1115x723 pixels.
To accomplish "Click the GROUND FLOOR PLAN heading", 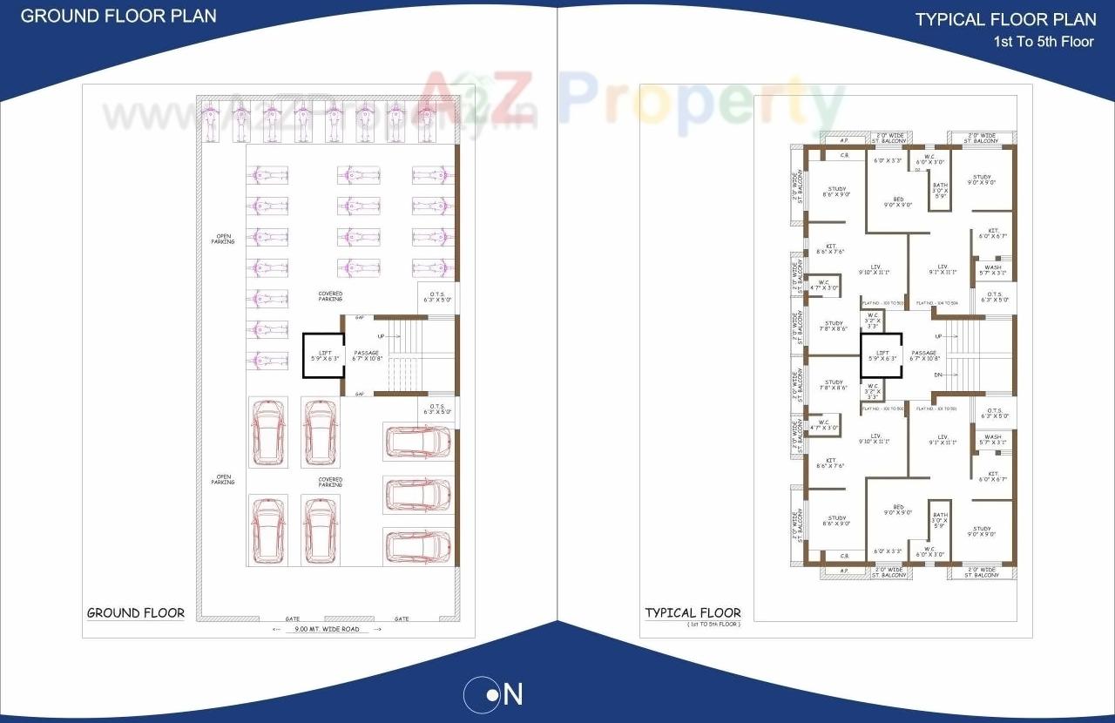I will pyautogui.click(x=118, y=16).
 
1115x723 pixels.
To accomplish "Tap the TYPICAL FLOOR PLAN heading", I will pyautogui.click(x=1005, y=19).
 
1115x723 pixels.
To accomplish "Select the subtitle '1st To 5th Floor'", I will pyautogui.click(x=1044, y=41).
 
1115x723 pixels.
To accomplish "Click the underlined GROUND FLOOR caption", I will pyautogui.click(x=136, y=612).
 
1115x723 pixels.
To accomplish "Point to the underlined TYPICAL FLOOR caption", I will pyautogui.click(x=693, y=612).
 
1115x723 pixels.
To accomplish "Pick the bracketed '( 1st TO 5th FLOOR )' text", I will pyautogui.click(x=713, y=625).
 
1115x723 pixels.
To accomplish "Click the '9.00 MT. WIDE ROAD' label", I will pyautogui.click(x=326, y=628).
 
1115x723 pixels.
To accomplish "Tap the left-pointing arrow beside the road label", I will pyautogui.click(x=276, y=628).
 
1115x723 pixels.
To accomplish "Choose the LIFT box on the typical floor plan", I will pyautogui.click(x=882, y=355).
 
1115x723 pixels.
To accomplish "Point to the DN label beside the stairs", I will pyautogui.click(x=937, y=375).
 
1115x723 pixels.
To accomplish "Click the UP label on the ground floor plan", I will pyautogui.click(x=380, y=335).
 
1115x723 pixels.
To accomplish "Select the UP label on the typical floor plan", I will pyautogui.click(x=937, y=335).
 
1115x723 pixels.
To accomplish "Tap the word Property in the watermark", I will pyautogui.click(x=701, y=98).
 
